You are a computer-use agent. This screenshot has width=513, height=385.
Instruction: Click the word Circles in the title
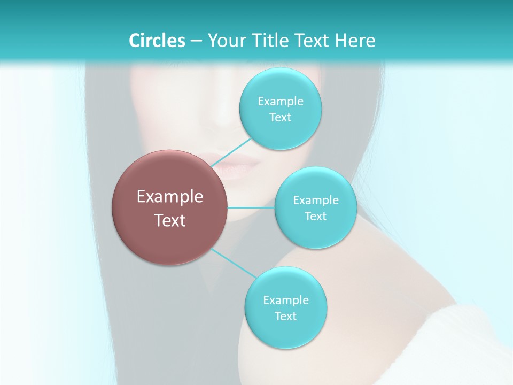[x=157, y=41]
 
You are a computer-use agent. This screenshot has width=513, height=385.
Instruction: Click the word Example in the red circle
[x=170, y=197]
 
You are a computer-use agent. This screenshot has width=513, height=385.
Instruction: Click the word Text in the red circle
[x=170, y=220]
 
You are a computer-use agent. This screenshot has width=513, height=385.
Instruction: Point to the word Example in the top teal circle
[x=281, y=102]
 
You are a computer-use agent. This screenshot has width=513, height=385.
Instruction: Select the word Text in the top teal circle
[x=280, y=118]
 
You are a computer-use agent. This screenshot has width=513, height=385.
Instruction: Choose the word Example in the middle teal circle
[x=316, y=201]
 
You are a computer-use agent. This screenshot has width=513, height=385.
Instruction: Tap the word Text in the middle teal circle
[x=315, y=217]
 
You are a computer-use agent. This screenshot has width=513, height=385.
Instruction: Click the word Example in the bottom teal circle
[x=286, y=301]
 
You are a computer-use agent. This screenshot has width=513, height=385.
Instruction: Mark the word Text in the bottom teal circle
[x=285, y=317]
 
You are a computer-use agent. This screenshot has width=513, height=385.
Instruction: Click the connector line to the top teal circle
[x=231, y=153]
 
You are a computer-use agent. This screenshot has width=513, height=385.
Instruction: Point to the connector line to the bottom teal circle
[x=234, y=263]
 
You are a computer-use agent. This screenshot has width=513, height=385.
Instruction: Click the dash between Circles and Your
[x=196, y=41]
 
